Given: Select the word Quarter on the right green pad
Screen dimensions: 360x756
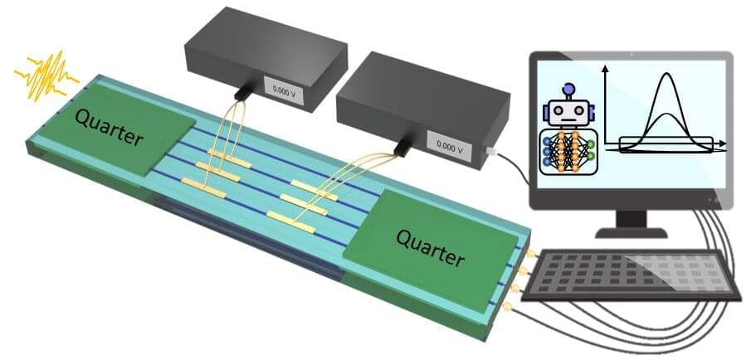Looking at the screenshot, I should [x=429, y=247].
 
